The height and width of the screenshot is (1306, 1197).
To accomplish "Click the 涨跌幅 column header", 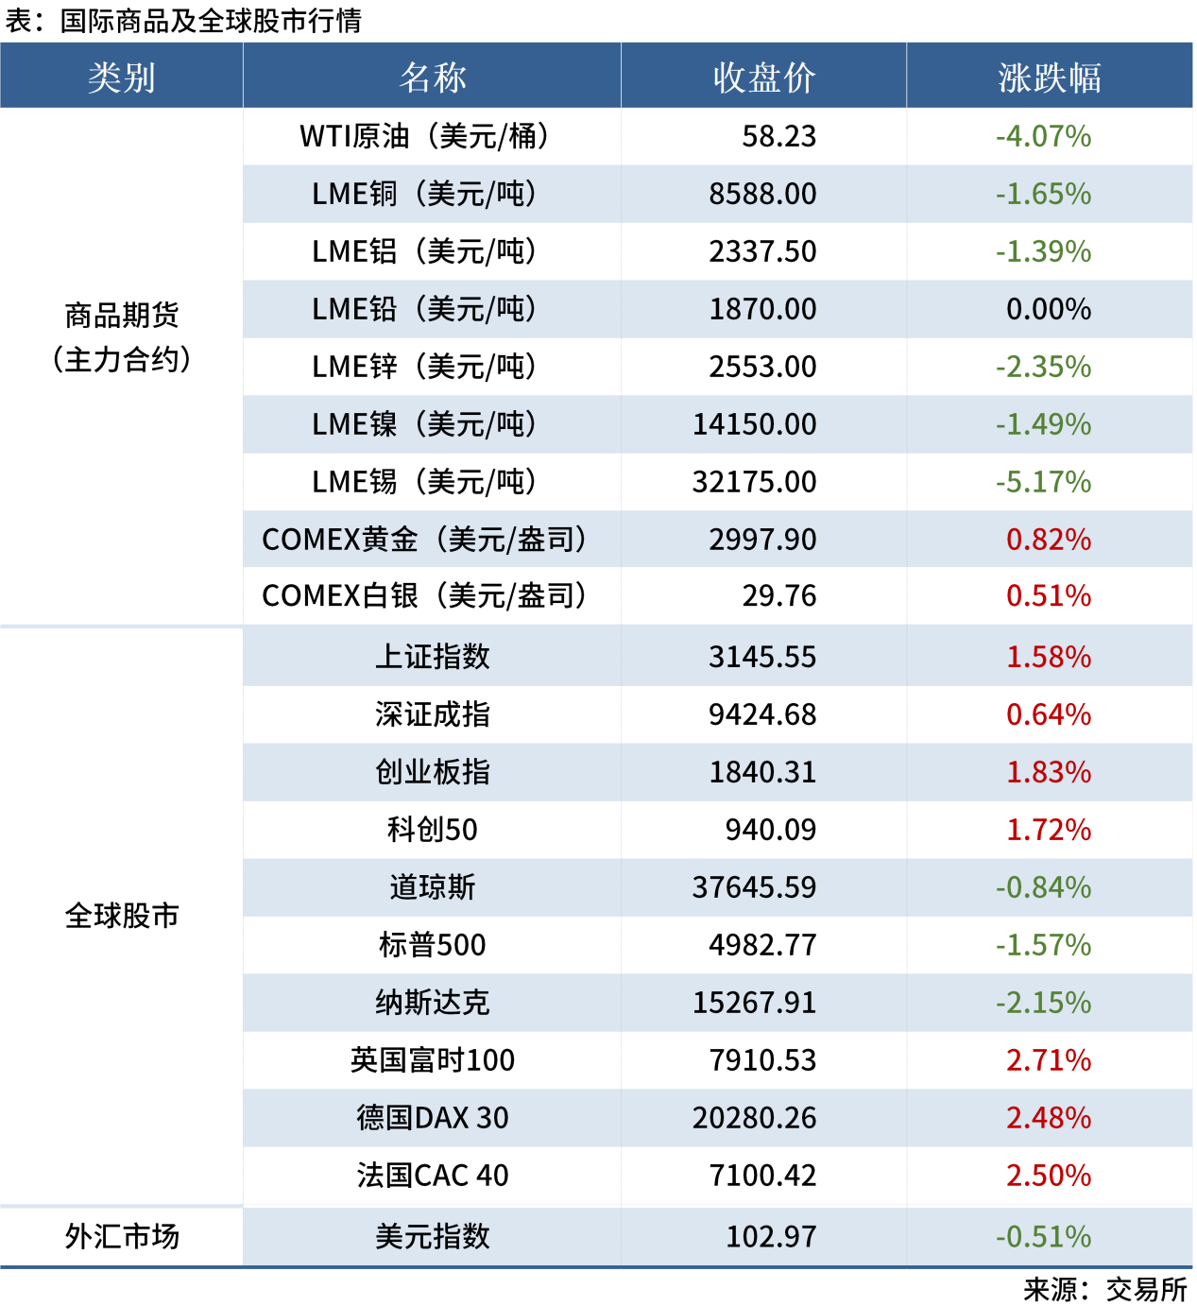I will pyautogui.click(x=1049, y=77).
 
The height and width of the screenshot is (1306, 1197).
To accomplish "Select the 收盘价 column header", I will pyautogui.click(x=763, y=77).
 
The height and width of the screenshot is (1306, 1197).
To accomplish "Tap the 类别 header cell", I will pyautogui.click(x=122, y=77).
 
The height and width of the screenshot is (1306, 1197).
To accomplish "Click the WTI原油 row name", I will pyautogui.click(x=424, y=136).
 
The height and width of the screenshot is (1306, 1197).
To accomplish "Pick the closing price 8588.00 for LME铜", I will pyautogui.click(x=762, y=194).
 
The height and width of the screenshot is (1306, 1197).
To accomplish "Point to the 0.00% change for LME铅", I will pyautogui.click(x=1049, y=309).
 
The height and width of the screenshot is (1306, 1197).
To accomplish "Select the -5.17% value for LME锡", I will pyautogui.click(x=1043, y=482).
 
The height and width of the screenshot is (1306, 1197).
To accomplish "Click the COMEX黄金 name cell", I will pyautogui.click(x=424, y=540).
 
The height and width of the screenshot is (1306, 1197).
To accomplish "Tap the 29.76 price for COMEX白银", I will pyautogui.click(x=778, y=596).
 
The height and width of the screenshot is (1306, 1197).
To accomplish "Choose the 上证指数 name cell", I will pyautogui.click(x=433, y=657).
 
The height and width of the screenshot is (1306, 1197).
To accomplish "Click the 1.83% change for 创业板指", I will pyautogui.click(x=1049, y=772).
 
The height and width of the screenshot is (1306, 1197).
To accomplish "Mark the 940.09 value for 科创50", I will pyautogui.click(x=770, y=830).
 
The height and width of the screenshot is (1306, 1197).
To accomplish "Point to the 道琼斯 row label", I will pyautogui.click(x=433, y=887).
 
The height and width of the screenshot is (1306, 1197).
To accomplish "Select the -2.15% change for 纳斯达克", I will pyautogui.click(x=1043, y=1003).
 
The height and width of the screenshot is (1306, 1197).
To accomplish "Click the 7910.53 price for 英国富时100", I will pyautogui.click(x=762, y=1060).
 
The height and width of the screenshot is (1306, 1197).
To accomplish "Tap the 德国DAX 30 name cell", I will pyautogui.click(x=433, y=1118).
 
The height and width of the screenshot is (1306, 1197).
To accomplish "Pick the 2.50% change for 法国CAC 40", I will pyautogui.click(x=1049, y=1176).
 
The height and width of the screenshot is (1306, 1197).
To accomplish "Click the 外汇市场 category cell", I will pyautogui.click(x=122, y=1236).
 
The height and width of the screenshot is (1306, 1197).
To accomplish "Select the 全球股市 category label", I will pyautogui.click(x=122, y=916).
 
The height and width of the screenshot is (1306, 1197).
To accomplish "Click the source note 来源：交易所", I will pyautogui.click(x=1104, y=1289).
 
